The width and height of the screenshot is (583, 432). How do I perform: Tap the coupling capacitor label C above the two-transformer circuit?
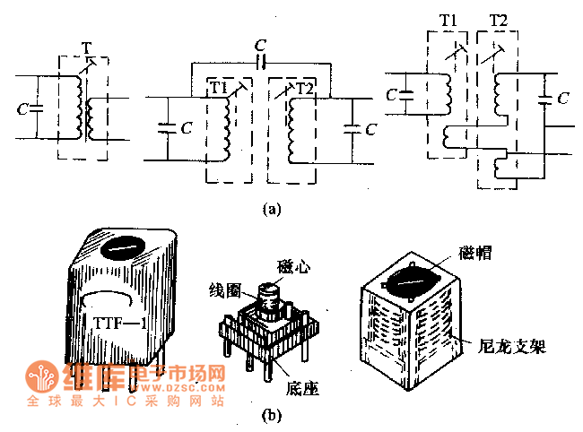pos(260,43)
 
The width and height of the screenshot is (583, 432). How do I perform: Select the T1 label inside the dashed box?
pos(217,87)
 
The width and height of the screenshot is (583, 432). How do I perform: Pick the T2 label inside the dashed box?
pos(305,87)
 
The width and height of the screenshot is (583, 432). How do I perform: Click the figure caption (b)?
pos(270,415)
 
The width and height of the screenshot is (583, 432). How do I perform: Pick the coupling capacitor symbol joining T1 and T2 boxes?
pos(260,64)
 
